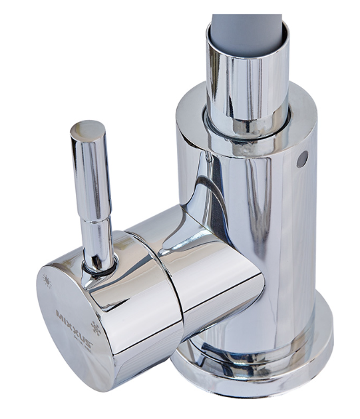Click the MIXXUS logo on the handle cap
pos(74,329)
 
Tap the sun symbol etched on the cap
pos(48,281)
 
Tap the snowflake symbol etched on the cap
pos(96,328)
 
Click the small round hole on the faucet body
pos(302,159)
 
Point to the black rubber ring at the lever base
pos(100,268)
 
